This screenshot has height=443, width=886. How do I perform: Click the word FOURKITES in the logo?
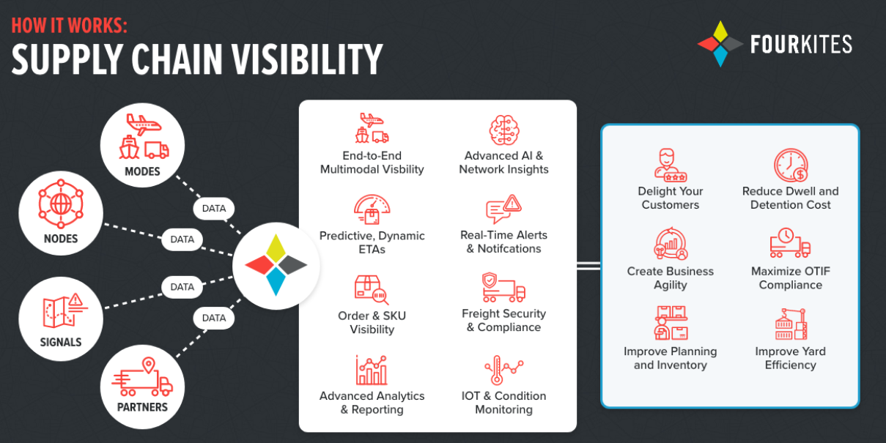coord(801,44)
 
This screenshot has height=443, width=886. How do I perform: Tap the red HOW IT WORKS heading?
coord(69,26)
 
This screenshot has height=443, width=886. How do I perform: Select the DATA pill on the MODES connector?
coord(213,208)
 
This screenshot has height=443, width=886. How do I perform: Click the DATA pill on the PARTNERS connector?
coord(213,318)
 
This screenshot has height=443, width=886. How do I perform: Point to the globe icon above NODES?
coord(61,204)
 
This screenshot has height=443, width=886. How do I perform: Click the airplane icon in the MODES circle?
coord(144,124)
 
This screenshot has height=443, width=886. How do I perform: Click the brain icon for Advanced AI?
coord(504,130)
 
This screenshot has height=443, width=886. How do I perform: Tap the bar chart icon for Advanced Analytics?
coord(372,370)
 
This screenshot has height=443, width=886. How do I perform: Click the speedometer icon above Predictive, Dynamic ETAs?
coord(372,209)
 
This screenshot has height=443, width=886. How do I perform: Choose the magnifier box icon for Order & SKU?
coord(372,290)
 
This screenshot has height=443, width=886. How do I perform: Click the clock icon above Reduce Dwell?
coord(791,165)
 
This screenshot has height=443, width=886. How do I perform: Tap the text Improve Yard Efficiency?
coord(790,358)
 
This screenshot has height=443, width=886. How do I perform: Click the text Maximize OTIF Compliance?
coord(790,278)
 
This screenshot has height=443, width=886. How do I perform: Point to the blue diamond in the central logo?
coord(276,281)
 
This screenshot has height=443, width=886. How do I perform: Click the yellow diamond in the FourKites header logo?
coord(720,31)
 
